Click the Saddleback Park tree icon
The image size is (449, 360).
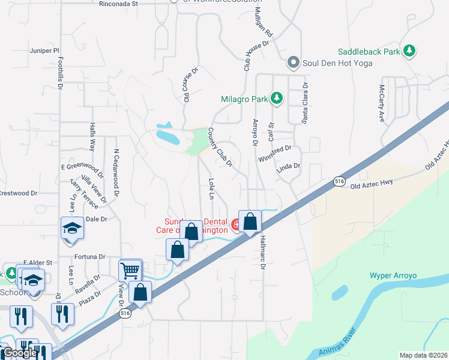tap(410, 51)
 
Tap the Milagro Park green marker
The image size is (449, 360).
tap(276, 97)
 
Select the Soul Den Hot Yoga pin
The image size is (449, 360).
tap(293, 62)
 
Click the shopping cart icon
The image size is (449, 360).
tap(130, 271)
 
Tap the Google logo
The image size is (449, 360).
tap(19, 353)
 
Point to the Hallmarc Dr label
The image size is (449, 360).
tap(262, 251)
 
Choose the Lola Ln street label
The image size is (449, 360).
tap(211, 188)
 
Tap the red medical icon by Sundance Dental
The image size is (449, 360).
tap(237, 226)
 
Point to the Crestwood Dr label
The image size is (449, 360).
tap(18, 193)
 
